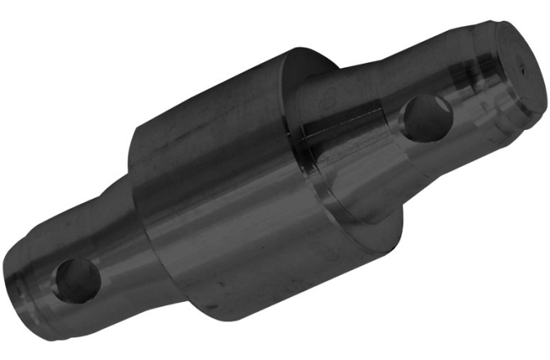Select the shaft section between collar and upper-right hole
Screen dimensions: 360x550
coord(360,123)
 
